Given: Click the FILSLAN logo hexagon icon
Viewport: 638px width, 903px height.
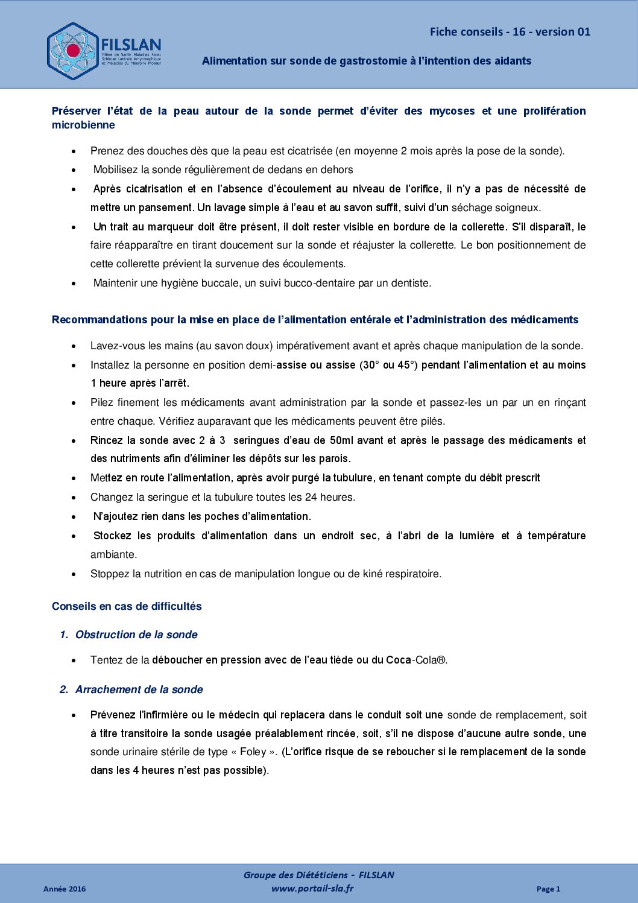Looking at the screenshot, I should (x=72, y=51).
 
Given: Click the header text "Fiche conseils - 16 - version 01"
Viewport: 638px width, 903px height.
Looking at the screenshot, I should (x=510, y=32).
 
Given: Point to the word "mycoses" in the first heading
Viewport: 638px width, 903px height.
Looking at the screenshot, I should (x=452, y=111).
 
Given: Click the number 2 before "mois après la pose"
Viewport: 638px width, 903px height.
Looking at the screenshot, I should (x=403, y=151).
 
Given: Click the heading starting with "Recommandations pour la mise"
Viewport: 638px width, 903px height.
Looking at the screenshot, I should (x=315, y=320).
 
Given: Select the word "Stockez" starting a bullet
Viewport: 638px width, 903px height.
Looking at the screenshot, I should (x=113, y=536).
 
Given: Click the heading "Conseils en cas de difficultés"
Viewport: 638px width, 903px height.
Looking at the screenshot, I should (x=127, y=606).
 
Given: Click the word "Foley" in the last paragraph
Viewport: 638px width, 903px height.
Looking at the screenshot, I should (x=253, y=752).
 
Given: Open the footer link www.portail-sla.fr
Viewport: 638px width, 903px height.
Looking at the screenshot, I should (x=312, y=888).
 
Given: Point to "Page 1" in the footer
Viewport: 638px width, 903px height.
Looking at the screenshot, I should (x=548, y=889).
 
